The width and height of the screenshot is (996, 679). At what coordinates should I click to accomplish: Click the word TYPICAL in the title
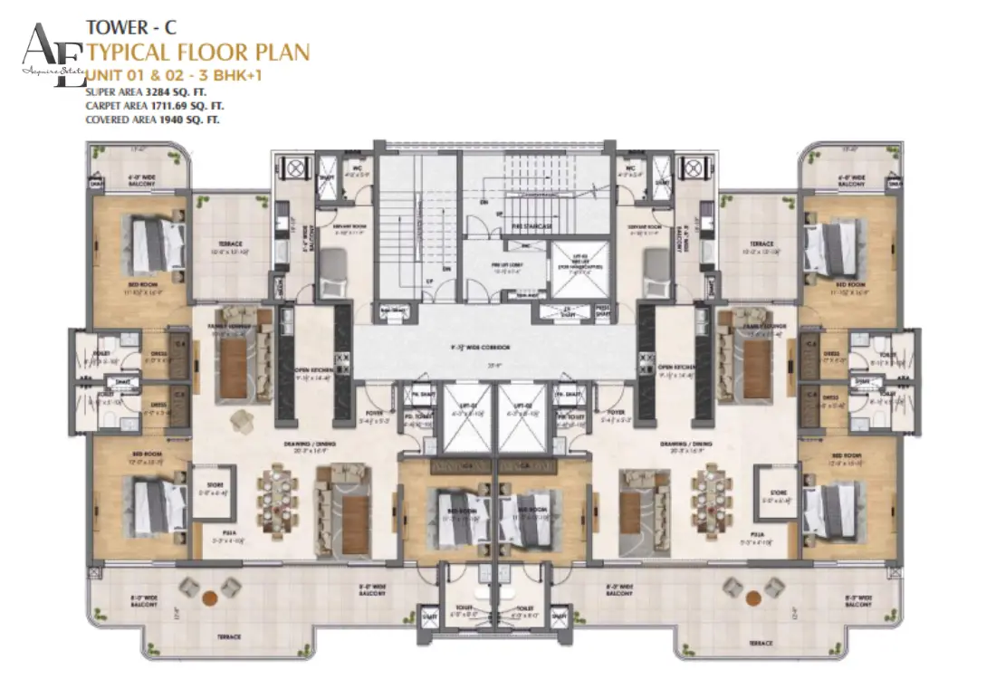click(x=130, y=52)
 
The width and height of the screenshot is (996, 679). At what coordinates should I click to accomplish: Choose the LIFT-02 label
click(x=522, y=406)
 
